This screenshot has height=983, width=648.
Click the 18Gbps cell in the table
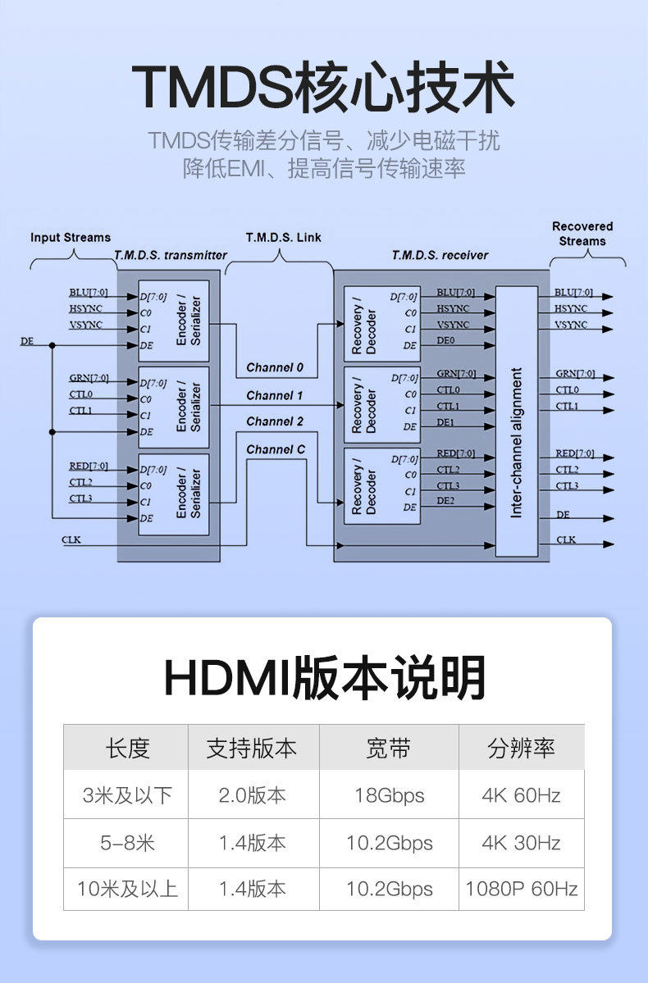point(389,795)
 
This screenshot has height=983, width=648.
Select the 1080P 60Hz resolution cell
point(522,889)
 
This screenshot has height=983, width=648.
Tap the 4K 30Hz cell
point(522,842)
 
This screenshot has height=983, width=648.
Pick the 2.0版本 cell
point(253,795)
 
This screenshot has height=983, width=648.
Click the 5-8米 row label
point(127,842)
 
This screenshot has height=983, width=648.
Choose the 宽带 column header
point(389,748)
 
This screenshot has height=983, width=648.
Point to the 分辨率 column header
point(522,748)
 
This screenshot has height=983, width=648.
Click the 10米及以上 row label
point(127,889)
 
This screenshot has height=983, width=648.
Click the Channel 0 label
point(275,367)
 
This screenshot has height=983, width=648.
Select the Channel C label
point(276,449)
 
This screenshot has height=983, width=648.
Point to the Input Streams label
point(71,238)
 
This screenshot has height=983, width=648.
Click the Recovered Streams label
point(582,234)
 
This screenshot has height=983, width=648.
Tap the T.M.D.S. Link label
point(284,238)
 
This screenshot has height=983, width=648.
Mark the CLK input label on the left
point(71,540)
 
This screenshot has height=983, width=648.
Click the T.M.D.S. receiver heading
point(440,256)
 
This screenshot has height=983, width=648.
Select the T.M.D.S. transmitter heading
point(171,256)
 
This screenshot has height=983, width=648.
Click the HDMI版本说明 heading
point(325,677)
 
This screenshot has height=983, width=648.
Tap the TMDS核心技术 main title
point(323,87)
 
